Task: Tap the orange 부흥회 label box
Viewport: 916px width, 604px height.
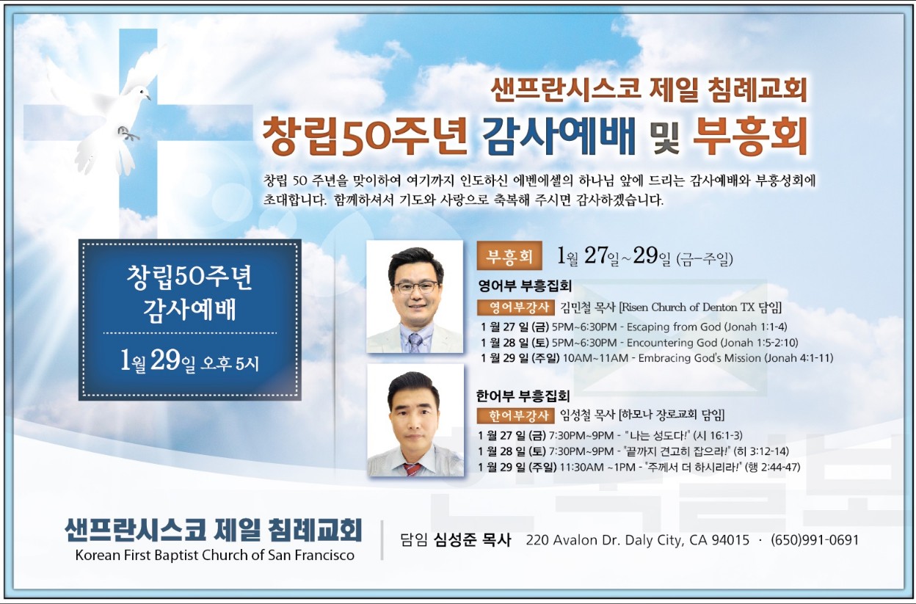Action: (509, 255)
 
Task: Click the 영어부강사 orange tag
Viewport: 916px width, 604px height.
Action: (516, 308)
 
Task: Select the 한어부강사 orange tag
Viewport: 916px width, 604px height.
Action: (515, 415)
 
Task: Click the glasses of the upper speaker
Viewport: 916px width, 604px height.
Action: (415, 287)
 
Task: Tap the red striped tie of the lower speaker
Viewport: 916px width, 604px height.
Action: (412, 469)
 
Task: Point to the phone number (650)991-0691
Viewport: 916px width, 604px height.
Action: (815, 540)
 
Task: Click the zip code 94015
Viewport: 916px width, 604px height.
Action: (730, 540)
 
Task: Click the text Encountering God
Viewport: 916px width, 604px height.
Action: (672, 342)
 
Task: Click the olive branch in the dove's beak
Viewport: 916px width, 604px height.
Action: (128, 134)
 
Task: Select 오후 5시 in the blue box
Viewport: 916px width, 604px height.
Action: (229, 363)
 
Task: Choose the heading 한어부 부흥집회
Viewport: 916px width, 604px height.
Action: (523, 396)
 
